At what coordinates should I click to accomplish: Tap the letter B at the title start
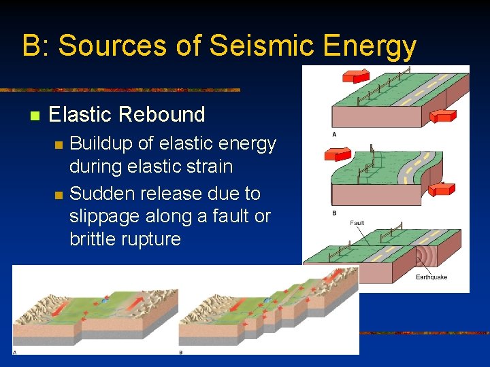(x=31, y=46)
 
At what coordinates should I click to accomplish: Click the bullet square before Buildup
(x=59, y=144)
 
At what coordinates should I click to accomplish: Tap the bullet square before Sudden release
(x=59, y=194)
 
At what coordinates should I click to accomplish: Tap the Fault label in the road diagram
(x=357, y=223)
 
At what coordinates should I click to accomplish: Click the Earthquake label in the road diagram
(x=431, y=277)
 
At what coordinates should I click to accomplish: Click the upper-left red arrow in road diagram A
(x=353, y=74)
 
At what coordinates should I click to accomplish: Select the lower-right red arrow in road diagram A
(x=446, y=116)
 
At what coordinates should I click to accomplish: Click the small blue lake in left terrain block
(x=105, y=298)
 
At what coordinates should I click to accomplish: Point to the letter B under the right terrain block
(x=180, y=351)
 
